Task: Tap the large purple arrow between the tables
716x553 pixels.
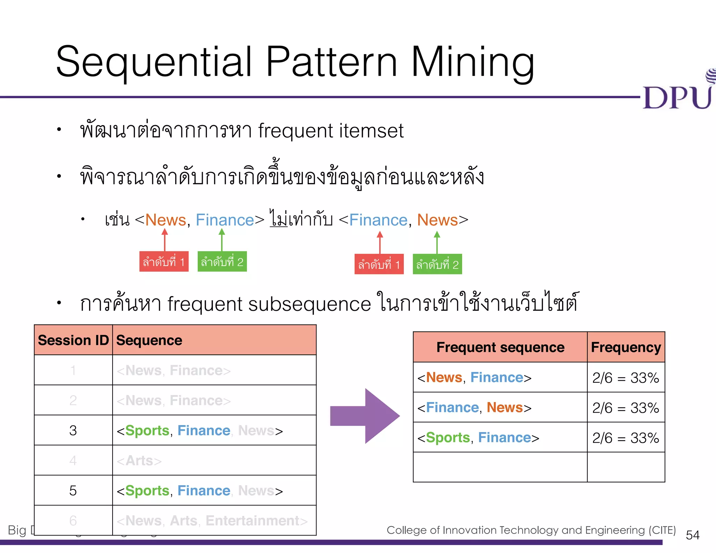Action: pyautogui.click(x=365, y=416)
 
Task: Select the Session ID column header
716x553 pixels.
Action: pyautogui.click(x=73, y=340)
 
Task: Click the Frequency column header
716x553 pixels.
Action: pyautogui.click(x=626, y=347)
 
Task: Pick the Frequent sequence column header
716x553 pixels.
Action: pyautogui.click(x=500, y=347)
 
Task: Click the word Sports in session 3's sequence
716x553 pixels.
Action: pyautogui.click(x=147, y=430)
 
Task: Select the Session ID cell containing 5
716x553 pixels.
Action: pyautogui.click(x=73, y=490)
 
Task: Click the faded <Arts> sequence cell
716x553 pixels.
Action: pyautogui.click(x=139, y=461)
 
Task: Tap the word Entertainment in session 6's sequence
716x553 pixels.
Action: pyautogui.click(x=252, y=520)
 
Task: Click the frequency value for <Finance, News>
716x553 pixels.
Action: pyautogui.click(x=625, y=408)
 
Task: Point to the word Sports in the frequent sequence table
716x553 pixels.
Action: pyautogui.click(x=448, y=438)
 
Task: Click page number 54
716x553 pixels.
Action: pyautogui.click(x=693, y=535)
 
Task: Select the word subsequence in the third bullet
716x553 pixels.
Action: pyautogui.click(x=309, y=304)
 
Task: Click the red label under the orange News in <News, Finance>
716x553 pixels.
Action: pyautogui.click(x=164, y=261)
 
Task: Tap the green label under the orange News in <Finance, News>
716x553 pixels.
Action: pyautogui.click(x=437, y=264)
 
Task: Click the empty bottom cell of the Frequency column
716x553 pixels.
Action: pyautogui.click(x=626, y=467)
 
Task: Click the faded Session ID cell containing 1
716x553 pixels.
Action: pyautogui.click(x=73, y=370)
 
